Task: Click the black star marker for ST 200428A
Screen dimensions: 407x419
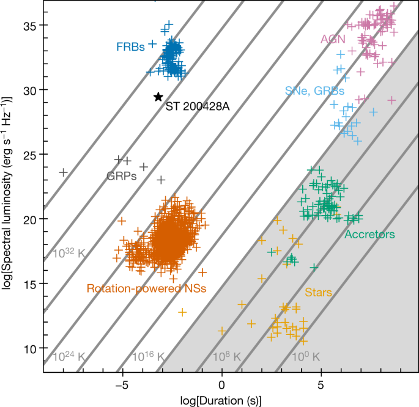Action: tap(158, 97)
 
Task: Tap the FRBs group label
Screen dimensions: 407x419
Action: tap(131, 46)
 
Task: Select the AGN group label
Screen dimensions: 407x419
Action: tap(333, 39)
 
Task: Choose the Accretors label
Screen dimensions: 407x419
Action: tap(369, 234)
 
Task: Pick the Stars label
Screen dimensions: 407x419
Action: tap(319, 293)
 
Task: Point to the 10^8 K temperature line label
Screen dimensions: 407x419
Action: tap(227, 356)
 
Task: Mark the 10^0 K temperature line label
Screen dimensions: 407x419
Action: tap(306, 356)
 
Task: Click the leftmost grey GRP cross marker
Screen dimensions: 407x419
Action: tap(63, 172)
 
